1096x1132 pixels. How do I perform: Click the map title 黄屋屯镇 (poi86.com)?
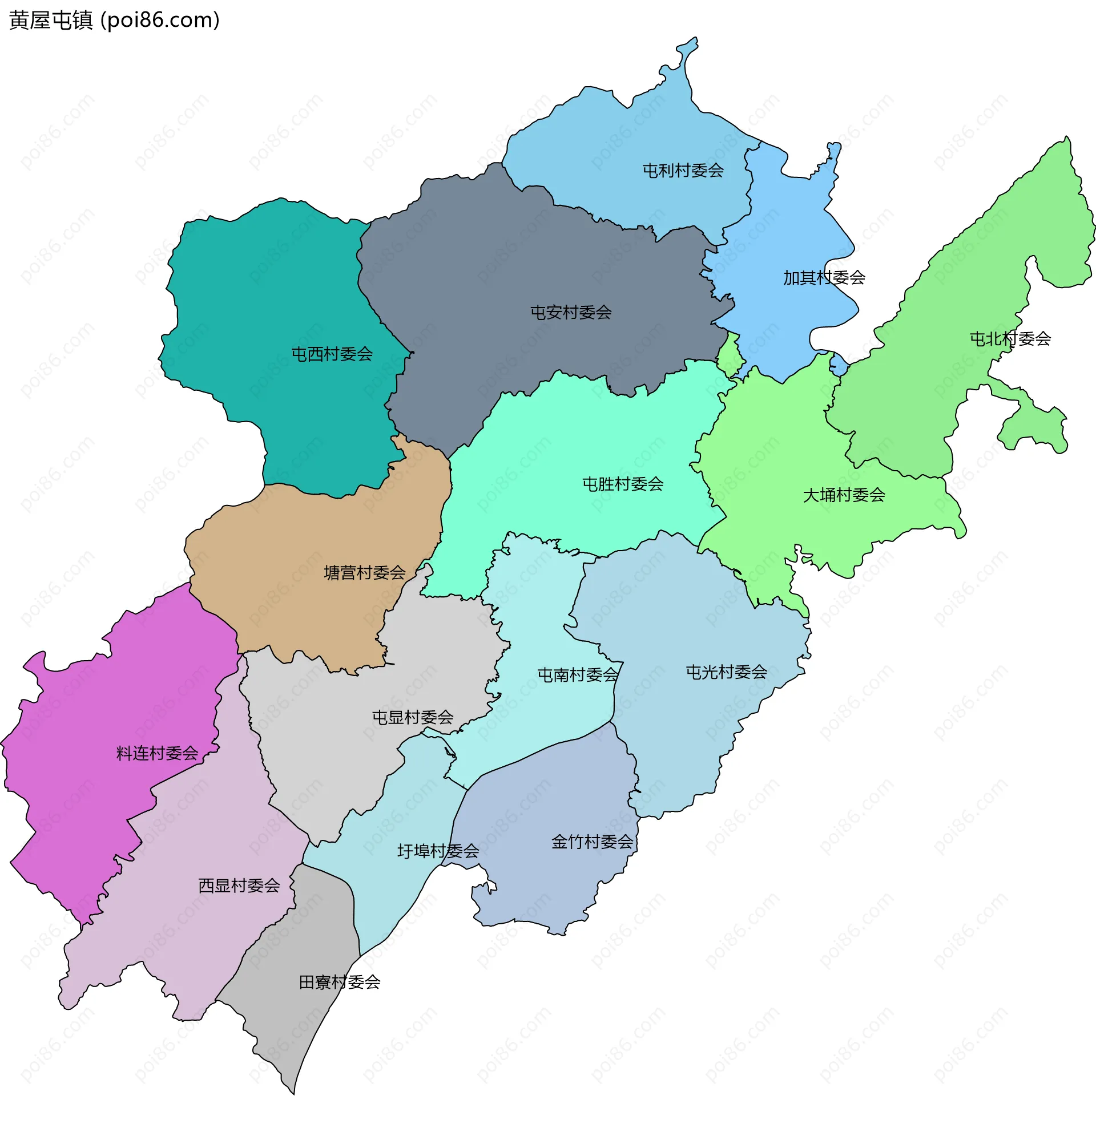tap(114, 20)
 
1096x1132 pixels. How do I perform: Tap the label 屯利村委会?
tap(683, 171)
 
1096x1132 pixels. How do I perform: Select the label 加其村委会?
tap(824, 278)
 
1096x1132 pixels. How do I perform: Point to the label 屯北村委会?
tap(1009, 338)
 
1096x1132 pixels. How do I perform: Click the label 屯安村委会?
tap(571, 313)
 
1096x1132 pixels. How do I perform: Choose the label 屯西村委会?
tap(332, 354)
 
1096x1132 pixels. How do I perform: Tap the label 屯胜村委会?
tap(622, 484)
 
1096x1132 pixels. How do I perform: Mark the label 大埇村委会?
tap(844, 495)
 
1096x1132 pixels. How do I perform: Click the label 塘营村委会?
tap(365, 573)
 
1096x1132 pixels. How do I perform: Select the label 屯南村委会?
tap(577, 674)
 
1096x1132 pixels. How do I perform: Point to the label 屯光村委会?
tap(726, 672)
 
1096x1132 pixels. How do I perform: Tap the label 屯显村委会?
tap(413, 717)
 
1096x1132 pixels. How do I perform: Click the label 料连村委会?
tap(157, 753)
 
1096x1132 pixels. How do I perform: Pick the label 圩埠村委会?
tap(438, 851)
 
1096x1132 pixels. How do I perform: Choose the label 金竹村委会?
tap(592, 842)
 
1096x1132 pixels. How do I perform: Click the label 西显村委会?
tap(239, 886)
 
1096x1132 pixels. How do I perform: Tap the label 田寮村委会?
tap(339, 982)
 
